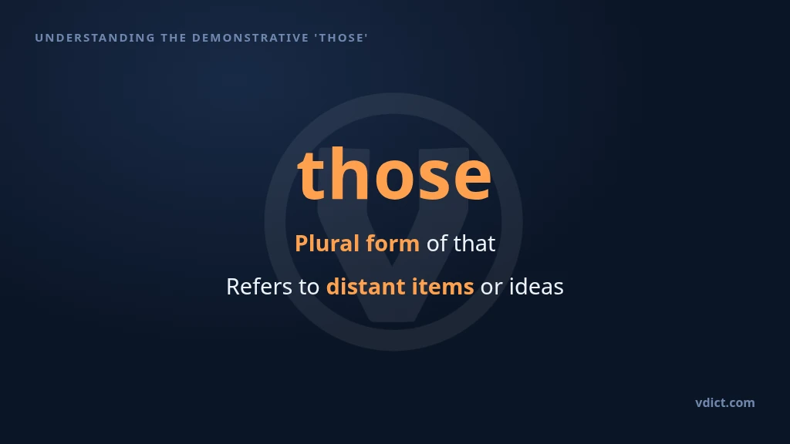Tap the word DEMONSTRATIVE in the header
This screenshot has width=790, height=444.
tap(251, 38)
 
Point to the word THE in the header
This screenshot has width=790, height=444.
tap(174, 38)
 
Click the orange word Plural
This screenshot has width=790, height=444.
tap(327, 243)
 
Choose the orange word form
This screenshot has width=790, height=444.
tap(393, 243)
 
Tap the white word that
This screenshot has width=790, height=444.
tap(474, 243)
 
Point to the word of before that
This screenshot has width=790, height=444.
tap(437, 243)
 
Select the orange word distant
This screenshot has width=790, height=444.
tap(366, 287)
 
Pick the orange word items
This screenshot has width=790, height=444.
tap(443, 287)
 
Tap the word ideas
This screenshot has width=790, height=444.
tap(537, 287)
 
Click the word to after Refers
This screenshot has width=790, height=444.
tap(309, 288)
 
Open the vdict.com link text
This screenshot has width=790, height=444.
tap(725, 402)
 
